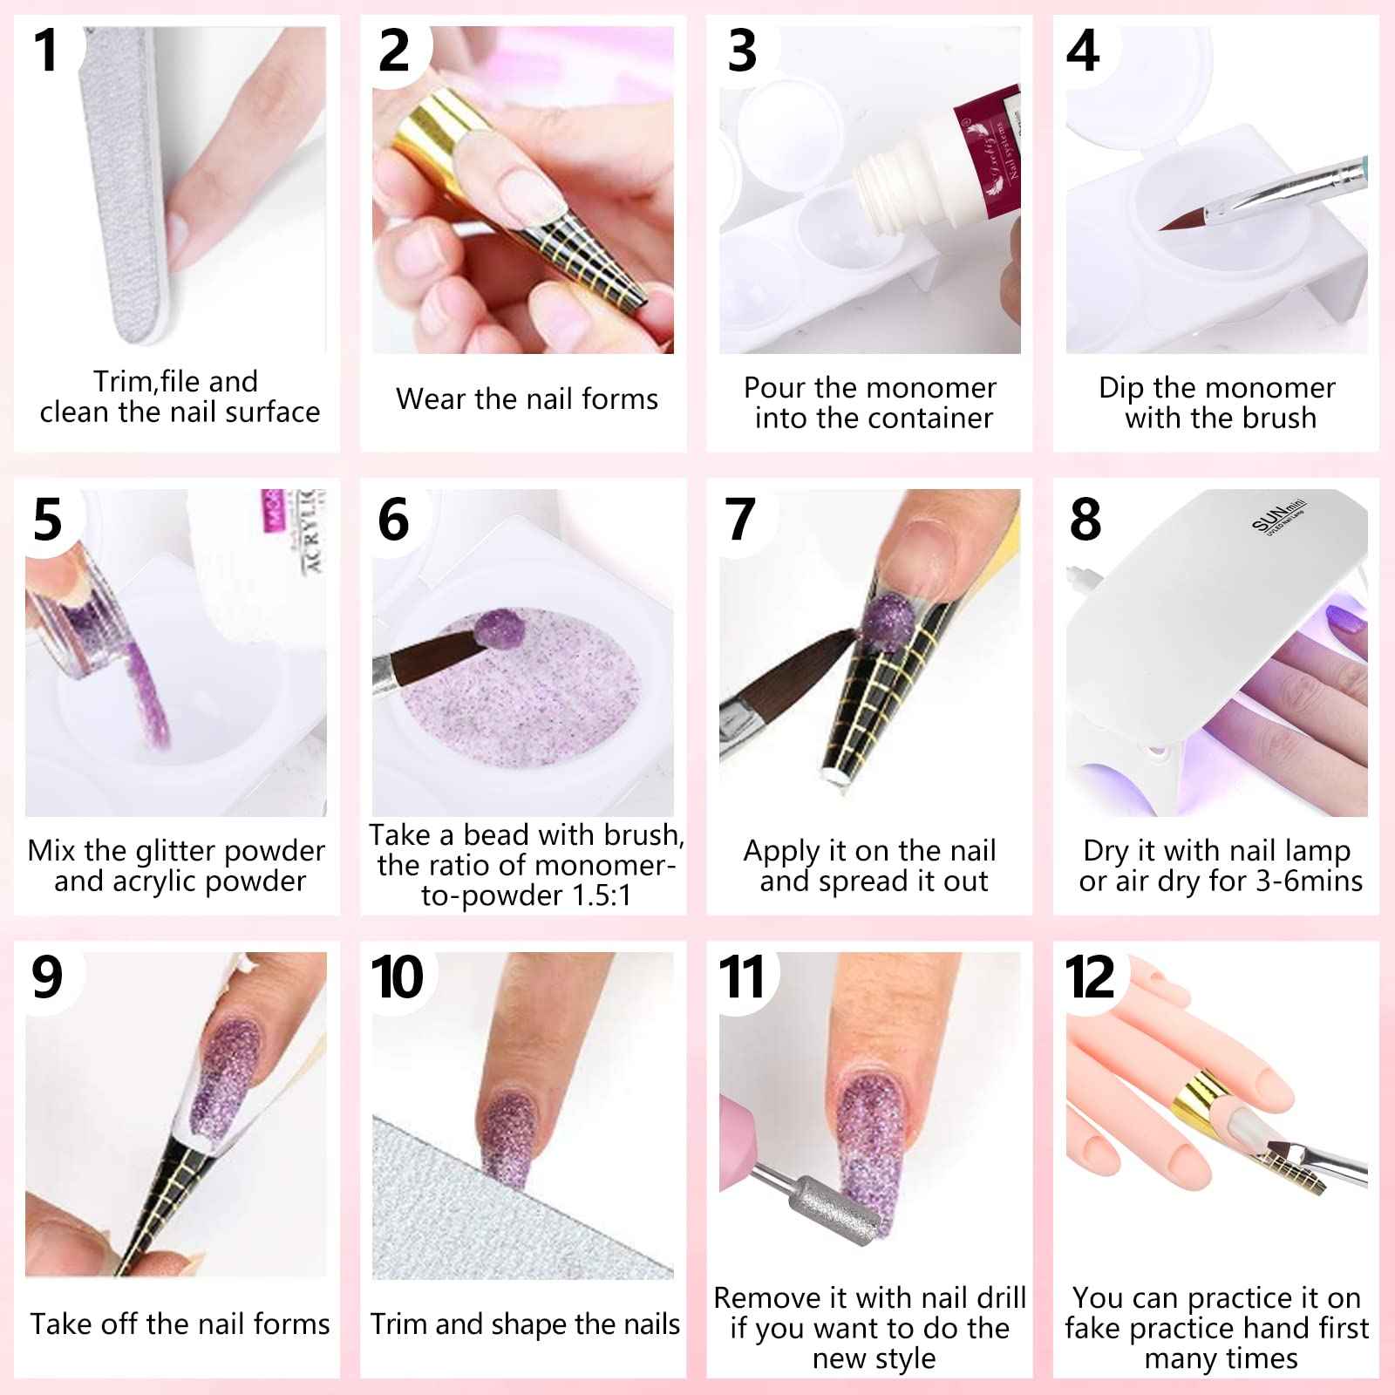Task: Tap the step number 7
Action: click(739, 520)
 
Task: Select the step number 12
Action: click(1089, 977)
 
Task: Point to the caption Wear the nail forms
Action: click(527, 398)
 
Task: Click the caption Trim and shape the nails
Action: click(525, 1324)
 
